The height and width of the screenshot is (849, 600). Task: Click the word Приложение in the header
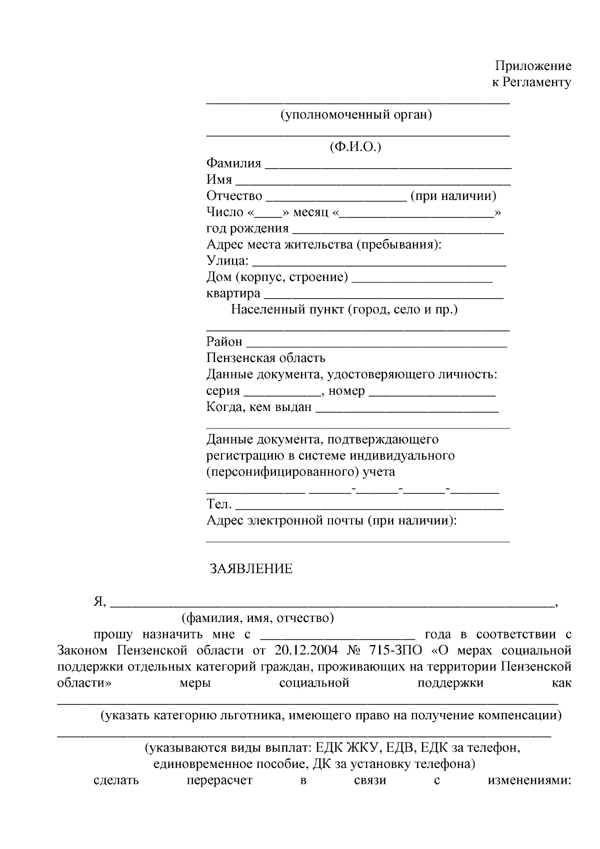[x=532, y=66]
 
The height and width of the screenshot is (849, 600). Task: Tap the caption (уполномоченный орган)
[x=356, y=115]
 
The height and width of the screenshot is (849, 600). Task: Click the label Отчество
[x=234, y=196]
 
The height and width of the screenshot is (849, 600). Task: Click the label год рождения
[x=247, y=228]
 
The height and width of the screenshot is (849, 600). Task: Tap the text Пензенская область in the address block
[x=265, y=358]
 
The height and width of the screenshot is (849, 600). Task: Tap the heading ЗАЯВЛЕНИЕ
[x=251, y=569]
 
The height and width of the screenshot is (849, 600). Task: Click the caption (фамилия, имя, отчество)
[x=257, y=618]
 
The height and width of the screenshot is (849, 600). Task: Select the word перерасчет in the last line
[x=219, y=780]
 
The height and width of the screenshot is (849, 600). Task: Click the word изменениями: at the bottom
[x=529, y=780]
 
